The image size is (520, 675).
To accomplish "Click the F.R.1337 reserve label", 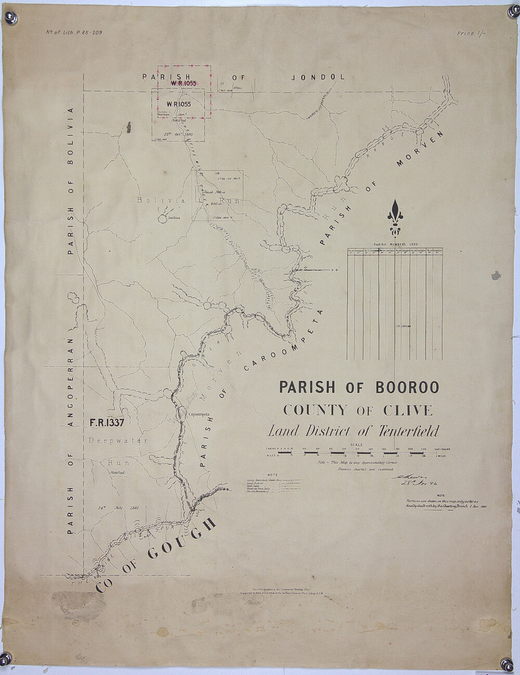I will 107,423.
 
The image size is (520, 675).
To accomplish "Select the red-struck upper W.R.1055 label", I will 181,83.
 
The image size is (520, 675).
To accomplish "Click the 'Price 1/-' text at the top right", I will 473,33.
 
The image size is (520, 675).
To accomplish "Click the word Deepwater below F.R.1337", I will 118,440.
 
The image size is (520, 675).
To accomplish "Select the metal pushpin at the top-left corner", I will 11,18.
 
